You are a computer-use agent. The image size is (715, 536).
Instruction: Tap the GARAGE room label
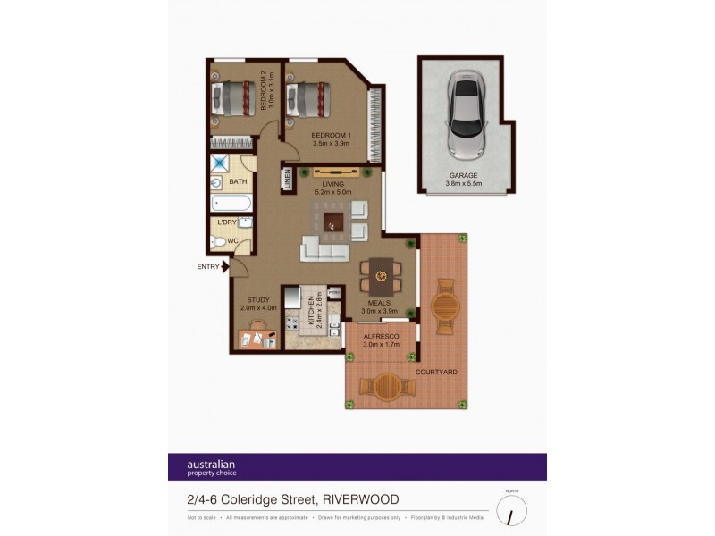463,176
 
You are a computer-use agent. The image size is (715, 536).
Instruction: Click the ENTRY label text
208,265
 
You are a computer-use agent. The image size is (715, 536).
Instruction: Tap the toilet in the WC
219,241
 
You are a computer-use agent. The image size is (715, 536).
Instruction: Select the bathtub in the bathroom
231,203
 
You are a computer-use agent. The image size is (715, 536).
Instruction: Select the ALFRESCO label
381,337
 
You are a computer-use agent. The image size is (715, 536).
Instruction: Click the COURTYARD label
437,371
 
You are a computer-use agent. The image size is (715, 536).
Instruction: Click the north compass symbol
512,511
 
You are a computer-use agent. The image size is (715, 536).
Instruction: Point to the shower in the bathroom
220,164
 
